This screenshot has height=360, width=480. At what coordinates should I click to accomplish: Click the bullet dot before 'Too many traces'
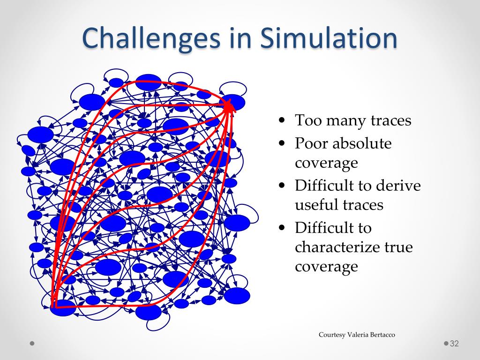pos(282,120)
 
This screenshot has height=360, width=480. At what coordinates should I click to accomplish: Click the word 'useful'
pos(315,205)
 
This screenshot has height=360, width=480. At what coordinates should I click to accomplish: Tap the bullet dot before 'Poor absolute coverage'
pos(282,143)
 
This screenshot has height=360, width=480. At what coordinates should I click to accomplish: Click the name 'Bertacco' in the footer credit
pos(382,335)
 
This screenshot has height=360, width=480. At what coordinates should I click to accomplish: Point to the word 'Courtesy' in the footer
pos(332,335)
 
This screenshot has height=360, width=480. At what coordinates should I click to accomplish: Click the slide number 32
pos(454,344)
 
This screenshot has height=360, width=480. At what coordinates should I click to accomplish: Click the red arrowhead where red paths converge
pos(229,106)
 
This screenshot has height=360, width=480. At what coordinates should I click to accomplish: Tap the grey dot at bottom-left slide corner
pos(32,343)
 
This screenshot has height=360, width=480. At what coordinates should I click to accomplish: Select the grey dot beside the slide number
pos(446,343)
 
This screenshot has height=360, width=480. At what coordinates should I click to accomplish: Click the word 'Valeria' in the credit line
pos(358,335)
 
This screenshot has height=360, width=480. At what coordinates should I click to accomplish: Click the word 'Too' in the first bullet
pos(305,120)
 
